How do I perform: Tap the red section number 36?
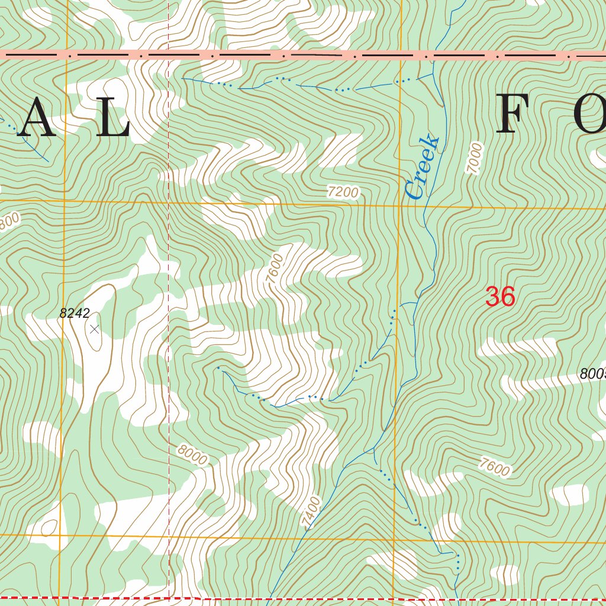pyautogui.click(x=500, y=296)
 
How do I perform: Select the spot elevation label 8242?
pyautogui.click(x=75, y=314)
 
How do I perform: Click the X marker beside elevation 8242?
pyautogui.click(x=95, y=329)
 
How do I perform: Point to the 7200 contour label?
pyautogui.click(x=343, y=192)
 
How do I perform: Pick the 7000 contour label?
pyautogui.click(x=475, y=158)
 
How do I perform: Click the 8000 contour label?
pyautogui.click(x=192, y=454)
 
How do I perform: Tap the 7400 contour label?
pyautogui.click(x=311, y=512)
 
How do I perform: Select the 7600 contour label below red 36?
pyautogui.click(x=495, y=468)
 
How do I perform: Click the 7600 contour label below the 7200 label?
pyautogui.click(x=275, y=269)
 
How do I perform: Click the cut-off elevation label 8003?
pyautogui.click(x=593, y=374)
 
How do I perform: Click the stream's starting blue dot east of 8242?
pyautogui.click(x=218, y=368)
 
